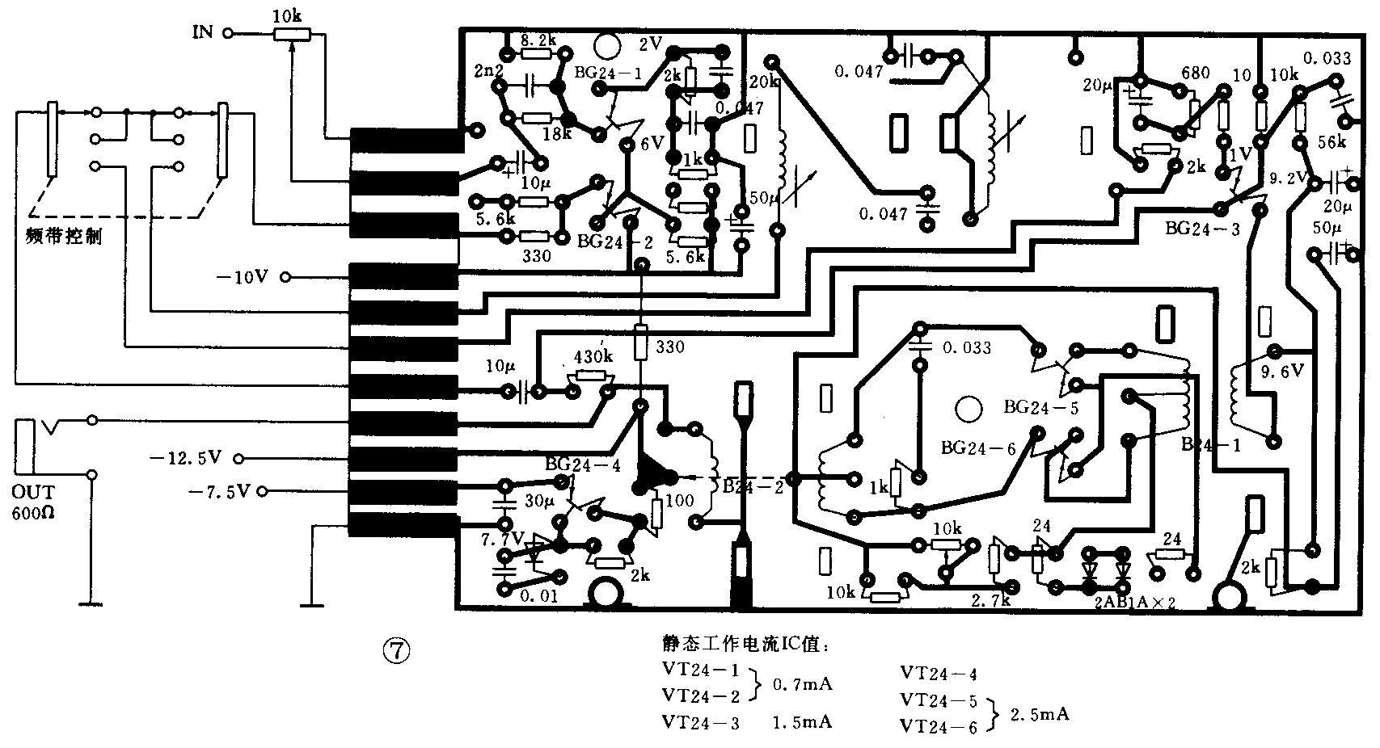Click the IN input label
202,32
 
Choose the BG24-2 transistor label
614,241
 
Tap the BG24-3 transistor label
1202,229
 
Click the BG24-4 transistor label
583,464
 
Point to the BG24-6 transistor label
978,448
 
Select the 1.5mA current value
802,721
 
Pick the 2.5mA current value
1040,715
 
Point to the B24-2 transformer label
753,486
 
